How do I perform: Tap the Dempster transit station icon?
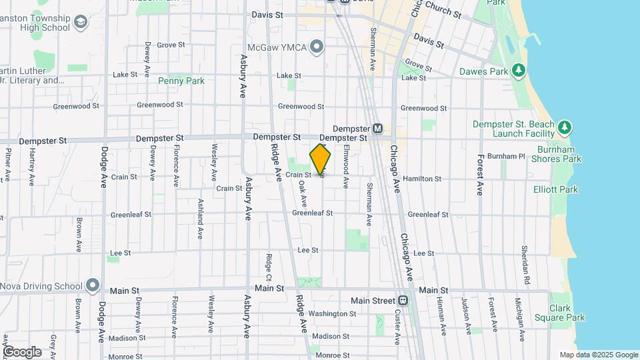tap(377, 128)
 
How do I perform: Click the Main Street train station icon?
tap(403, 300)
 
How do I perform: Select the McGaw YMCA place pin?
tap(317, 47)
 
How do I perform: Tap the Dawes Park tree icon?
tap(518, 71)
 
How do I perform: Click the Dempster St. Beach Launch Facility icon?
tap(565, 127)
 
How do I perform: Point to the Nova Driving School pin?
tap(93, 287)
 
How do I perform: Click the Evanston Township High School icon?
tap(81, 23)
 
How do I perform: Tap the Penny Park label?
tap(181, 81)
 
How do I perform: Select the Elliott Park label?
tap(555, 189)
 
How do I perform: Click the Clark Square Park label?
tap(567, 313)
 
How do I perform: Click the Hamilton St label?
tap(424, 179)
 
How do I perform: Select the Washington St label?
tap(333, 313)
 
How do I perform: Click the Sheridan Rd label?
tap(525, 259)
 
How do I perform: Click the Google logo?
tap(22, 352)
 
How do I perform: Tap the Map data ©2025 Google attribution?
tap(599, 355)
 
